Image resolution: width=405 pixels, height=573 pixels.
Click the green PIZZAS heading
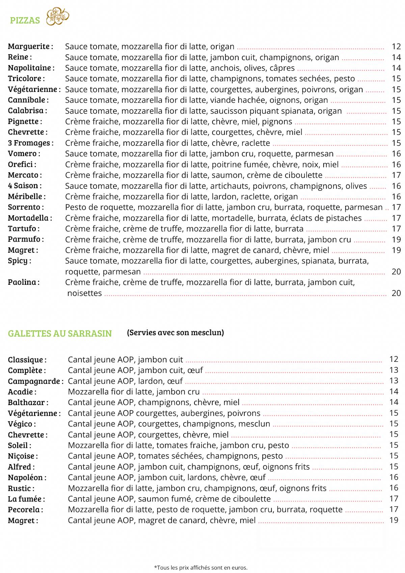click(x=25, y=21)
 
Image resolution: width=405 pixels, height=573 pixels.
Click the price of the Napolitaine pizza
click(x=396, y=68)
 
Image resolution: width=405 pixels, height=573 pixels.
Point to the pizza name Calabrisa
click(x=26, y=111)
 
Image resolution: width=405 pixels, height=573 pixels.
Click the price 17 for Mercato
click(x=396, y=175)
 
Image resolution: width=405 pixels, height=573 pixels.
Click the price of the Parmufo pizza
click(x=396, y=240)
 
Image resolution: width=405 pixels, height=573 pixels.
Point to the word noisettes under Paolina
click(x=84, y=293)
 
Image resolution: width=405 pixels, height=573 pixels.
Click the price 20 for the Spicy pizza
click(x=396, y=272)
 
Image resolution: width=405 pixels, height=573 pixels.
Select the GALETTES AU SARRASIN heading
click(x=60, y=333)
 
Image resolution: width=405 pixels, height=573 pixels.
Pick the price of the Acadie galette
click(x=394, y=392)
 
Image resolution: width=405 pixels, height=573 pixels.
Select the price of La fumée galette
click(x=394, y=499)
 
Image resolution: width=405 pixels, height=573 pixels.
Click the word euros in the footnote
click(x=240, y=568)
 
